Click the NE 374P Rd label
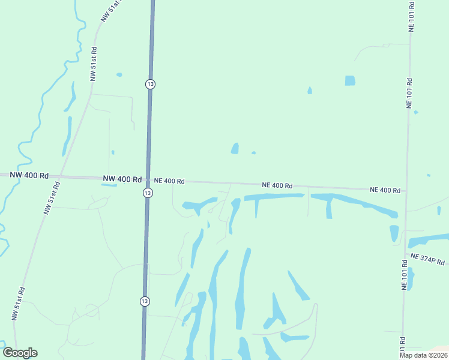pyautogui.click(x=428, y=259)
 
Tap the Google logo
pyautogui.click(x=20, y=353)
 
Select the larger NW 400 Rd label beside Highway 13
pyautogui.click(x=122, y=179)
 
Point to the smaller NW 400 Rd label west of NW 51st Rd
pyautogui.click(x=29, y=175)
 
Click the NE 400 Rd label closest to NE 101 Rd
pyautogui.click(x=385, y=190)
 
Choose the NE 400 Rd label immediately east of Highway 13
pyautogui.click(x=169, y=181)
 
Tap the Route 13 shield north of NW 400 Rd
pyautogui.click(x=150, y=84)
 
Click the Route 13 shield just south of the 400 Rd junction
pyautogui.click(x=148, y=193)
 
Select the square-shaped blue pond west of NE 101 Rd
pyautogui.click(x=350, y=80)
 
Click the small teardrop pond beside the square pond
pyautogui.click(x=310, y=91)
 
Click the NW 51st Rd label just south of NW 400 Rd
pyautogui.click(x=52, y=198)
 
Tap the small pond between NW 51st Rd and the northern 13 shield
pyautogui.click(x=119, y=75)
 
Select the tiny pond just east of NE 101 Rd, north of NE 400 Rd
pyautogui.click(x=415, y=112)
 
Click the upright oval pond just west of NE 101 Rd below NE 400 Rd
pyautogui.click(x=394, y=233)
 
